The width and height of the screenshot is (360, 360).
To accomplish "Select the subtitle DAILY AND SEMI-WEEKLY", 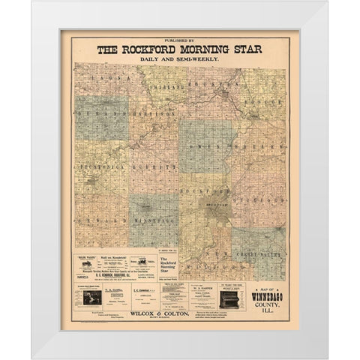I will point(180,59).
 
